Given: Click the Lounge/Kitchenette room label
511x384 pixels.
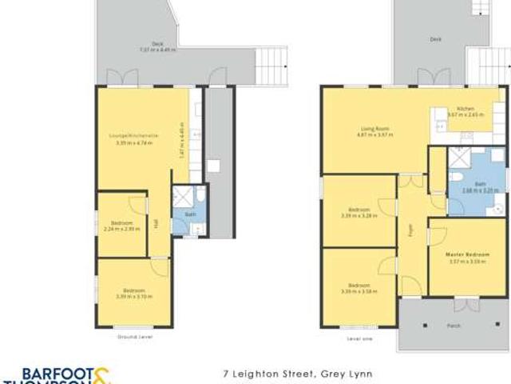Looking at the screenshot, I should pyautogui.click(x=133, y=136).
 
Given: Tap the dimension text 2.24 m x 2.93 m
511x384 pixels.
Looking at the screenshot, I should pyautogui.click(x=121, y=228).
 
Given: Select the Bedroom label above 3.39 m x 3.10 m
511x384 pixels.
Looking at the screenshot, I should pyautogui.click(x=133, y=290).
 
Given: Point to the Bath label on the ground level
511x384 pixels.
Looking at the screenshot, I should pyautogui.click(x=190, y=214).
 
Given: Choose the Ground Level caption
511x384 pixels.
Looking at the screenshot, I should pyautogui.click(x=133, y=337).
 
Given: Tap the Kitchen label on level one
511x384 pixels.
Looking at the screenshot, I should pyautogui.click(x=466, y=109).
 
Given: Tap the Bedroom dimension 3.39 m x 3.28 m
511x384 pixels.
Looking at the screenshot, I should pyautogui.click(x=358, y=215).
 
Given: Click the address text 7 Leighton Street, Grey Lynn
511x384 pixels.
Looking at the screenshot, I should pyautogui.click(x=298, y=373).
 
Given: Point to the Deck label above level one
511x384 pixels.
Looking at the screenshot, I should pyautogui.click(x=436, y=38).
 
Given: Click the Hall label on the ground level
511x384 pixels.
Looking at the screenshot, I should pyautogui.click(x=156, y=225).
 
